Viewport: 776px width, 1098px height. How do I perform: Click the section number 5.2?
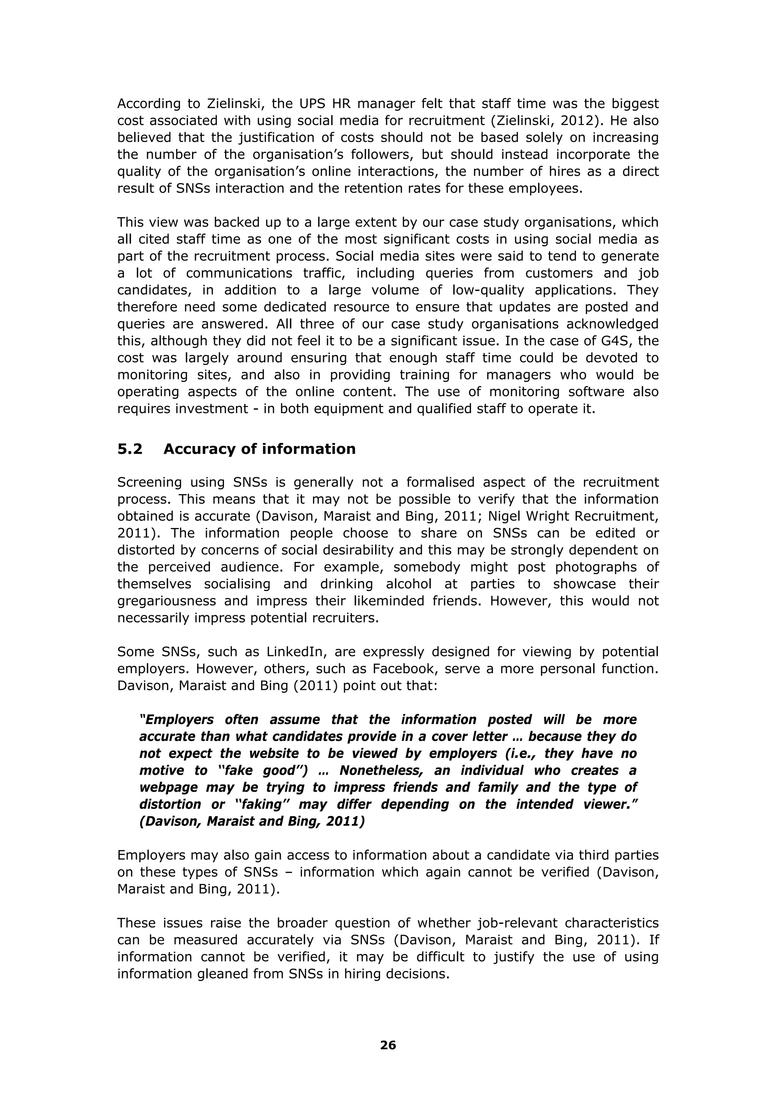point(130,449)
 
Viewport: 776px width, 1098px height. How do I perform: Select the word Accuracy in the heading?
point(199,449)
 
